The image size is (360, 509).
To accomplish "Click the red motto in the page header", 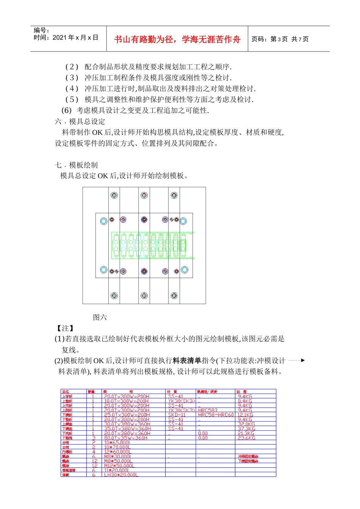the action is coord(177,39).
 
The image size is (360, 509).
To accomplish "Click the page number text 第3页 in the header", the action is coord(279,39).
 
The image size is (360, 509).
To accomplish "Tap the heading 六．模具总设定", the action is coord(80,122).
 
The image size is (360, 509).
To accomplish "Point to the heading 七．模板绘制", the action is coord(76,165).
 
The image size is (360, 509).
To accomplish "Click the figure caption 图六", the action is coord(100,317).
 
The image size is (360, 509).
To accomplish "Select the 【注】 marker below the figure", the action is coord(65,328).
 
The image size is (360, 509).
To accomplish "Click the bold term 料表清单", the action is coord(187,361).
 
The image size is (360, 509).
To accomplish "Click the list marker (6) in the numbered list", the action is coord(66,110).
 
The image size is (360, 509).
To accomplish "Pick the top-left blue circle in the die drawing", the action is coord(103,221).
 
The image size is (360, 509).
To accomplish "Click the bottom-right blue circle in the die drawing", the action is coord(185,270).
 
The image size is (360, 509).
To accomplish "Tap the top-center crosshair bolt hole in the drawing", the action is coord(144,195).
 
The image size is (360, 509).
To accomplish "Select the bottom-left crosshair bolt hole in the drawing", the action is coord(114,295).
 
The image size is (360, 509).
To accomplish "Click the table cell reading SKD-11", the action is coord(177,415).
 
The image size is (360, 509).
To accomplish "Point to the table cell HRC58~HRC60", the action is coord(216,415).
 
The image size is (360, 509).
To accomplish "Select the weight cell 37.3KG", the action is coord(246,429).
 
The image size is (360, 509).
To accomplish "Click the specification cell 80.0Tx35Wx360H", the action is coord(126,438).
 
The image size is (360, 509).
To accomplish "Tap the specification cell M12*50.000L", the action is coord(119,466).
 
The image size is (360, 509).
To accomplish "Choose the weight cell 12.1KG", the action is coord(245,415).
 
